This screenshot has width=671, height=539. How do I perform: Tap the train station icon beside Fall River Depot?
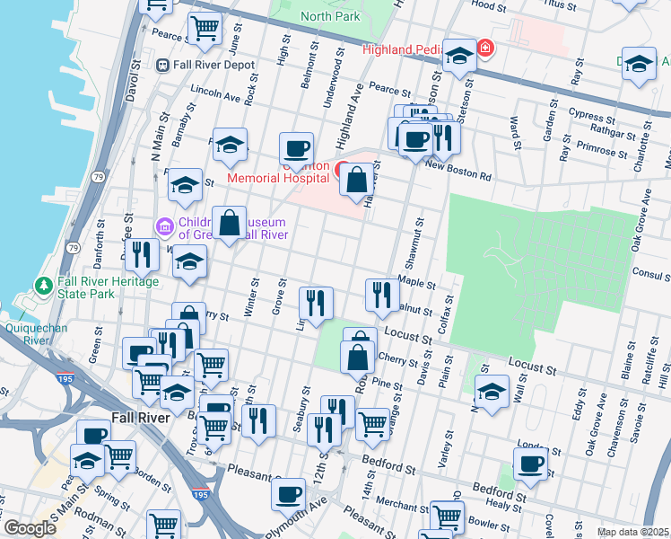[163, 65]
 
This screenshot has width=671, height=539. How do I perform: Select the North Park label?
[329, 16]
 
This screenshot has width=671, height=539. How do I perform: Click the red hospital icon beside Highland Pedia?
[485, 48]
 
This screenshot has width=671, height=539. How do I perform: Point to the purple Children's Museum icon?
[162, 225]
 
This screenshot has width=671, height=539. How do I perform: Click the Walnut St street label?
[414, 309]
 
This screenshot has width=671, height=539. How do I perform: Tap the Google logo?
[30, 528]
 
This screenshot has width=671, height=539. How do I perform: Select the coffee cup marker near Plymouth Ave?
[289, 493]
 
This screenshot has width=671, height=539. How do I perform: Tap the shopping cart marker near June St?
[205, 30]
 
